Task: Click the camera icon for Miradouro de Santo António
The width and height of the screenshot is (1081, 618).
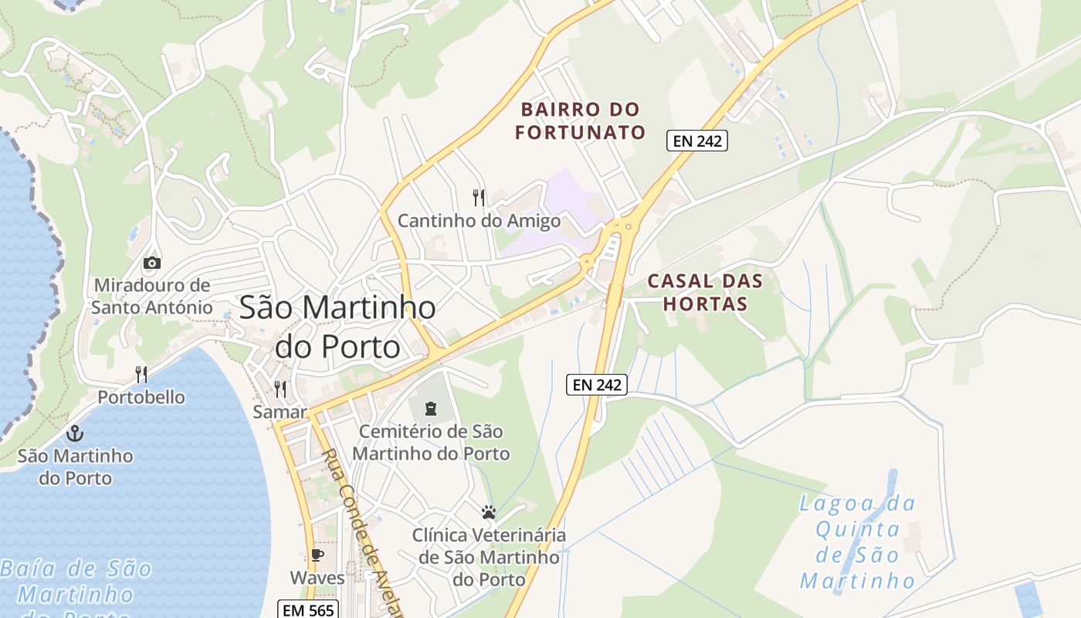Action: click(x=152, y=263)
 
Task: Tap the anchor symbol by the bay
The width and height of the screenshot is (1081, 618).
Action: click(x=75, y=433)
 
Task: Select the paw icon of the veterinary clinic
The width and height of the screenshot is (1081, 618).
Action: click(x=488, y=511)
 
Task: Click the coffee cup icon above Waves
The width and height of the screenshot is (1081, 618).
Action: click(x=317, y=555)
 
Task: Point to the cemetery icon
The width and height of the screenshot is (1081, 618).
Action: click(x=431, y=408)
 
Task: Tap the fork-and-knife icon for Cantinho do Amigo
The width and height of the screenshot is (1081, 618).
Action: click(x=479, y=198)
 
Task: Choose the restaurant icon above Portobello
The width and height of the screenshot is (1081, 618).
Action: click(x=141, y=375)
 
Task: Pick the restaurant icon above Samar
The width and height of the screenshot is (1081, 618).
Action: click(x=280, y=389)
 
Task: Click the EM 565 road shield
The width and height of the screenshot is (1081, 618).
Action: click(x=308, y=610)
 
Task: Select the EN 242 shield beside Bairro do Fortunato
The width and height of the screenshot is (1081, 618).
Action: click(x=697, y=141)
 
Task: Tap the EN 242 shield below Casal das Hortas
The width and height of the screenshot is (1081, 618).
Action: click(x=597, y=385)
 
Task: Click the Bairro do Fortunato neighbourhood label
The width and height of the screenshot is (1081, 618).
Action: click(x=580, y=121)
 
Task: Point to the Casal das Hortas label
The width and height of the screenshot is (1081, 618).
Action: click(x=705, y=292)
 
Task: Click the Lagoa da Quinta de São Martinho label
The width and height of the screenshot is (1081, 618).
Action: click(x=857, y=542)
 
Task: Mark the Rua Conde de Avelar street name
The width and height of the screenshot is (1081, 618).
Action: click(x=363, y=533)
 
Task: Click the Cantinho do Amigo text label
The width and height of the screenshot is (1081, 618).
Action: click(x=479, y=221)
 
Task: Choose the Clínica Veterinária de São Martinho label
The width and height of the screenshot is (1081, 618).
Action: click(x=489, y=556)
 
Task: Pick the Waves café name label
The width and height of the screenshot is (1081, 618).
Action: click(x=317, y=577)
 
